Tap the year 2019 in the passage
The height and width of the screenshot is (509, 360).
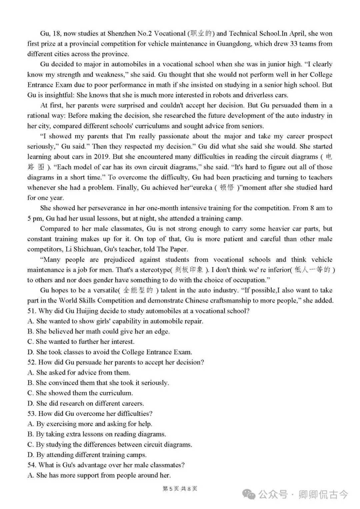point(102,157)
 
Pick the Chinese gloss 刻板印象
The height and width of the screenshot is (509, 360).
point(189,270)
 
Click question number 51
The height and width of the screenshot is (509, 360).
point(32,311)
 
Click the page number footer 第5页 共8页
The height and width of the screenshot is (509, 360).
point(180,489)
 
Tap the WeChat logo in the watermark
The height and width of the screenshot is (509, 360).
point(249,494)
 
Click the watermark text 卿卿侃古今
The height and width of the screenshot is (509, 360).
point(323,494)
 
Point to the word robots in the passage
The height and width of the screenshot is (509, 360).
point(214,95)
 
